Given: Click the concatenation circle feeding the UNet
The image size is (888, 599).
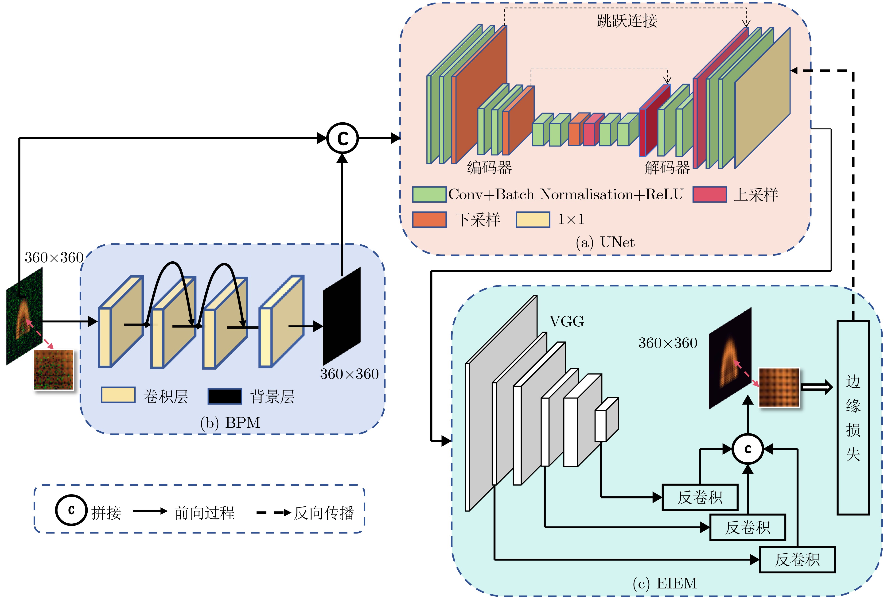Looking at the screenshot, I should (x=342, y=138).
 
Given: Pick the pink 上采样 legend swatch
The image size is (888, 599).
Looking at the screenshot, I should (x=709, y=194).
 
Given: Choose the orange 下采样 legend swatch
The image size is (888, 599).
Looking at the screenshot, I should (x=429, y=220).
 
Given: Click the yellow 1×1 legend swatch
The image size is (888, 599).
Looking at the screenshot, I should (x=533, y=220).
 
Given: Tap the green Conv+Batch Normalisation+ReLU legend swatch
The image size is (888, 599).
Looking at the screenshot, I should (x=429, y=194).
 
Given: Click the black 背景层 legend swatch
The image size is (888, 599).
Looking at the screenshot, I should (x=225, y=396).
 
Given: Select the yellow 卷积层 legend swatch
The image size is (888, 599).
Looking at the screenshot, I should (x=118, y=395).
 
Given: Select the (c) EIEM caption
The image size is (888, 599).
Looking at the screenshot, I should (x=665, y=583).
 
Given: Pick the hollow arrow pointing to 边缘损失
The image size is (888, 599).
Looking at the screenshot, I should (x=816, y=387).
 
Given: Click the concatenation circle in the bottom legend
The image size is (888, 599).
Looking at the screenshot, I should (x=71, y=510).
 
